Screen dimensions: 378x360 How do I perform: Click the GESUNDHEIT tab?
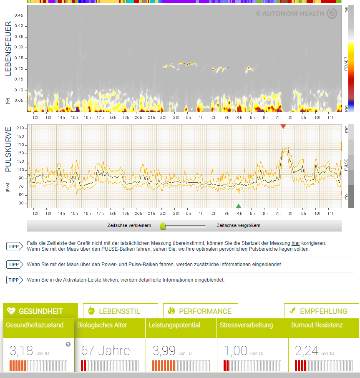pyautogui.click(x=40, y=311)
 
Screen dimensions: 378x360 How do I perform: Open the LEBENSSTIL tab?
pyautogui.click(x=120, y=311)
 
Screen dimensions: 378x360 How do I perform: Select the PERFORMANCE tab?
pyautogui.click(x=200, y=311)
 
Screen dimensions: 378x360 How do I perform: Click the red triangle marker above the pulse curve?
pyautogui.click(x=283, y=126)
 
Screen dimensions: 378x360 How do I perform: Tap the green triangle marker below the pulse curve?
pyautogui.click(x=239, y=206)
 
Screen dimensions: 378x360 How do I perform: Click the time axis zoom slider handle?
pyautogui.click(x=163, y=226)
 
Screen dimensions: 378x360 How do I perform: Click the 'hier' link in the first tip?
pyautogui.click(x=295, y=243)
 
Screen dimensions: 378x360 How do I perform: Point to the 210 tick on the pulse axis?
pyautogui.click(x=20, y=128)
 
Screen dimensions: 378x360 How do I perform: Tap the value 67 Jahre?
pyautogui.click(x=106, y=350)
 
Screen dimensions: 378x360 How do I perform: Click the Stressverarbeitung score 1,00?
pyautogui.click(x=236, y=350)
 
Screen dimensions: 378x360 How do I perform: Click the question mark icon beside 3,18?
pyautogui.click(x=68, y=344)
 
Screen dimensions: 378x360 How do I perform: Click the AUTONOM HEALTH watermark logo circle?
pyautogui.click(x=332, y=14)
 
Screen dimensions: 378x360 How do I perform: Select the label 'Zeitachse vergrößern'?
pyautogui.click(x=239, y=226)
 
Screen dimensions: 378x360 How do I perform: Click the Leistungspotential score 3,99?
pyautogui.click(x=164, y=350)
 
